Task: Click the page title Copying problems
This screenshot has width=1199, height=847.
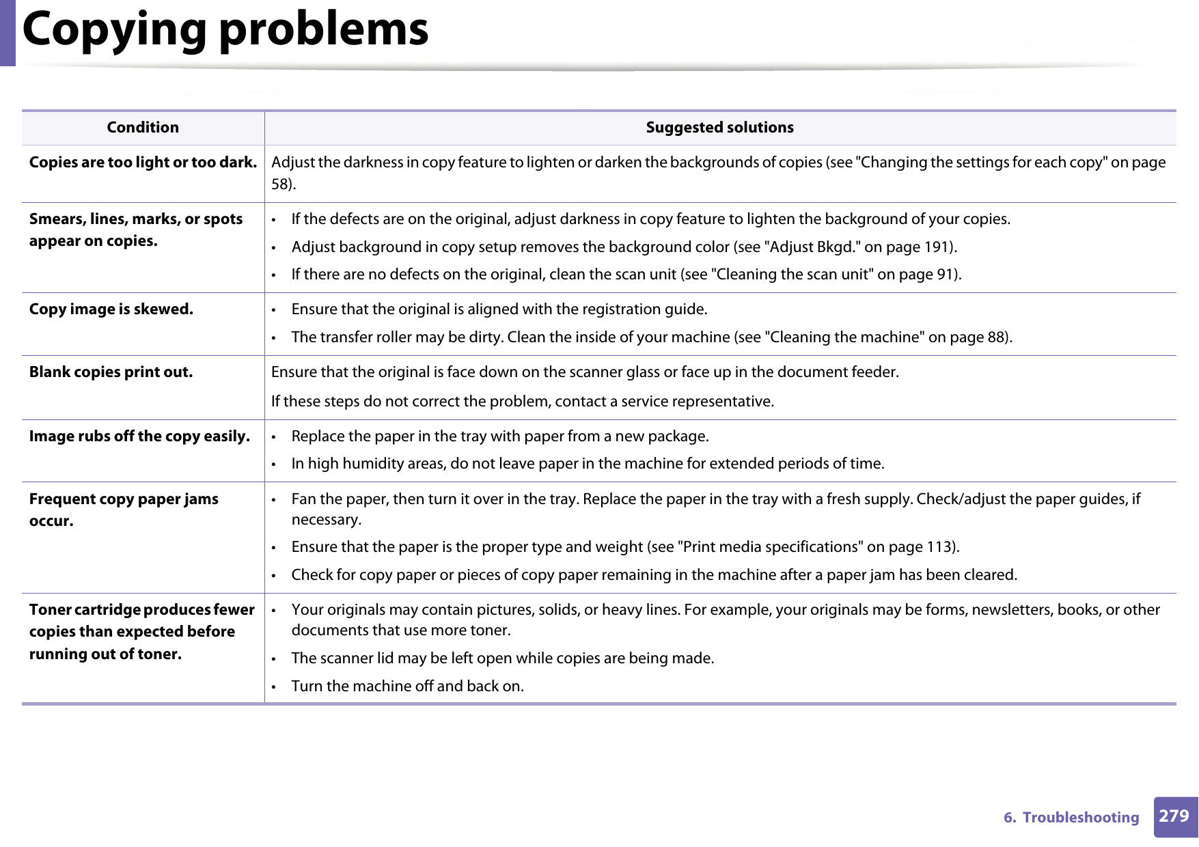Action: point(225,30)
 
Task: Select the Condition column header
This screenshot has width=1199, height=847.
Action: point(143,128)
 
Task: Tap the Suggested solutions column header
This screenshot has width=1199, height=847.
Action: point(719,128)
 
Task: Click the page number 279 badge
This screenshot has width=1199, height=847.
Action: point(1174,816)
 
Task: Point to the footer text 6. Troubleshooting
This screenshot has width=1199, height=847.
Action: point(1071,818)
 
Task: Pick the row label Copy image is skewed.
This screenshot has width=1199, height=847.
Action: point(111,309)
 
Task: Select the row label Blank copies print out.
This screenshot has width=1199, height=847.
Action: point(111,372)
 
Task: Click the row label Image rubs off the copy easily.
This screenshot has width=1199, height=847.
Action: point(139,436)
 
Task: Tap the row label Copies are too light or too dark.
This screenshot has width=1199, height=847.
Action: point(143,163)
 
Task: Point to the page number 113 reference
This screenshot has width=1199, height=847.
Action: point(939,547)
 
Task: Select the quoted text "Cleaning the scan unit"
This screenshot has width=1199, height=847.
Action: point(792,275)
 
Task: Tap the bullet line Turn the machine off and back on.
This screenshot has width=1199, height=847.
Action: point(407,686)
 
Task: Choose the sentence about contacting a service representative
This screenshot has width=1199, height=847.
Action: point(523,402)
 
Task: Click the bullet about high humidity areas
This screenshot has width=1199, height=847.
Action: point(588,464)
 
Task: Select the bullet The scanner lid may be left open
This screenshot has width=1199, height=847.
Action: point(502,658)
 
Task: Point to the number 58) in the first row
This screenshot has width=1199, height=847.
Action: point(283,184)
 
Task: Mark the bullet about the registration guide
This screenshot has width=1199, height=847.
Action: point(499,309)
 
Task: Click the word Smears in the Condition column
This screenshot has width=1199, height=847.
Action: point(57,219)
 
